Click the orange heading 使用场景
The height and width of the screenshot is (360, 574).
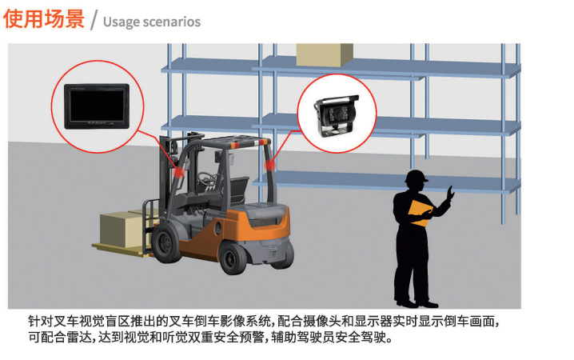(44, 18)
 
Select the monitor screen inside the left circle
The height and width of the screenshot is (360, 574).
(97, 106)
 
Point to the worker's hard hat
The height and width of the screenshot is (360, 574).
(417, 177)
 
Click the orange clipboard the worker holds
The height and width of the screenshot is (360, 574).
(421, 213)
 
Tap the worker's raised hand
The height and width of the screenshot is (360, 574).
(450, 193)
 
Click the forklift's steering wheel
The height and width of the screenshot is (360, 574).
(208, 178)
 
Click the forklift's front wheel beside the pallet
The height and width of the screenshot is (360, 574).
(167, 242)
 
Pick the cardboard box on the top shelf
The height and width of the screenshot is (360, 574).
(325, 55)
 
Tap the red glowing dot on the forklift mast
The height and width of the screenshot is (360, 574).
(179, 172)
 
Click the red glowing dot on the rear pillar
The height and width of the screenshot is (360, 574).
(270, 165)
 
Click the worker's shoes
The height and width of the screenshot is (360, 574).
(417, 304)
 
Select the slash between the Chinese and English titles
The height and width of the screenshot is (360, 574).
(94, 20)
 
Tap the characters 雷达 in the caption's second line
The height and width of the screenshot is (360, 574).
(78, 337)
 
